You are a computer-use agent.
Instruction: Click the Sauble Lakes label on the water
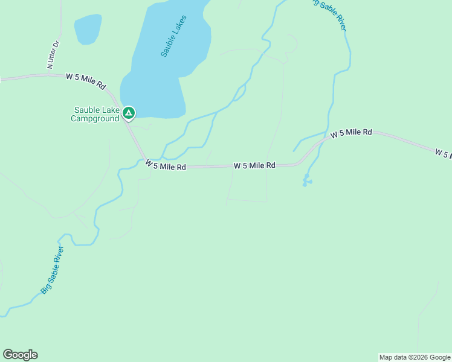tap(174, 36)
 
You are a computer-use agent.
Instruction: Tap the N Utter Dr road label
tap(51, 54)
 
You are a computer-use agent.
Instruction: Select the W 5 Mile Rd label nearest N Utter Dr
tap(86, 81)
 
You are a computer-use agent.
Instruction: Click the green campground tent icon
tap(128, 113)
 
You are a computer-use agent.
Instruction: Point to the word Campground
tap(95, 118)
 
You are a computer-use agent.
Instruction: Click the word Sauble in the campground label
tap(86, 110)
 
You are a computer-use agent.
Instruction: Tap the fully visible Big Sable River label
tap(52, 270)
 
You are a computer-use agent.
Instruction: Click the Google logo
tap(20, 355)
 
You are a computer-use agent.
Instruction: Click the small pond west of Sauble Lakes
tap(88, 29)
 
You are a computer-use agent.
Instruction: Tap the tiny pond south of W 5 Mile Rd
tap(306, 180)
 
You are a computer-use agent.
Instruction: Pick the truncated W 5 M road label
tap(442, 154)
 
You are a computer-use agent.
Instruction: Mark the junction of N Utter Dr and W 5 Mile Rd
tap(60, 75)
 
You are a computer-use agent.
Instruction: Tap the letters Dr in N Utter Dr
tap(57, 44)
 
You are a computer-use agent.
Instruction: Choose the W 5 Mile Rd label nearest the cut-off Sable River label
tap(350, 132)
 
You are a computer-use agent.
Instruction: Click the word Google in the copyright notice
tap(438, 357)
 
